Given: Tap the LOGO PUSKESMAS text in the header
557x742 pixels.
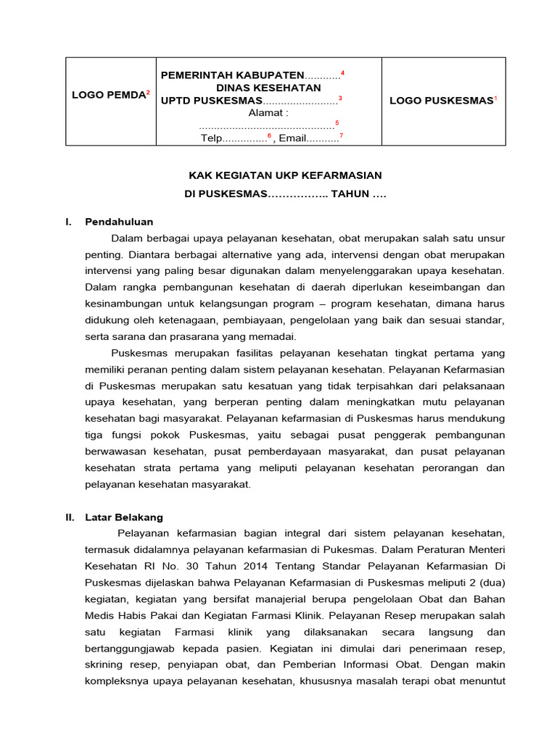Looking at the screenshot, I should coord(441,101).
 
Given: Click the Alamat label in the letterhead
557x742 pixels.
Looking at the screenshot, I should coord(268,113).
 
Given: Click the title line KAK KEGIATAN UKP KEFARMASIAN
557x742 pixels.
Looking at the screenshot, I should coord(285,175).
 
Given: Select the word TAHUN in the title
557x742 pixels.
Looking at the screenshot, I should coord(350,194).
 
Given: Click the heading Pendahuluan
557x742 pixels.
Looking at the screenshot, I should coord(119,222).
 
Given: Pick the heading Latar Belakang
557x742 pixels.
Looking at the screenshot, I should coord(124,517).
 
